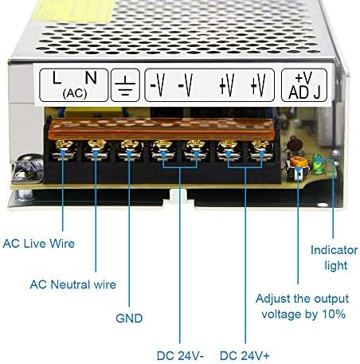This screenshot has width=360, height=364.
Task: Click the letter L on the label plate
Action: [55, 78]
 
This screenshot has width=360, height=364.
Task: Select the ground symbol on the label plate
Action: [125, 84]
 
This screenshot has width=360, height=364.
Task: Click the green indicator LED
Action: [319, 166]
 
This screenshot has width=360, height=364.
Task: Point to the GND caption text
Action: [128, 318]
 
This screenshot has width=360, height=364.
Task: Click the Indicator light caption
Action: [334, 257]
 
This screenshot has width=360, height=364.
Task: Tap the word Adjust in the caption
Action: [273, 299]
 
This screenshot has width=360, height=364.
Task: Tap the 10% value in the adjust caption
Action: [335, 314]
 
